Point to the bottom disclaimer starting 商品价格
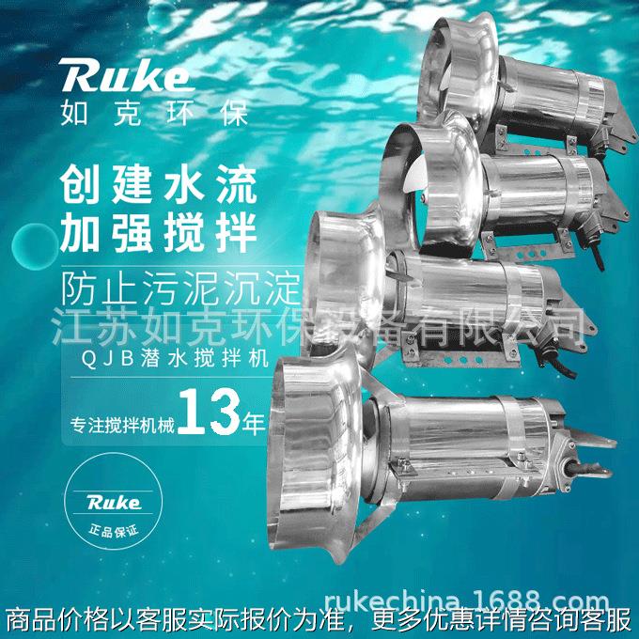319,621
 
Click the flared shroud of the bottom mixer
310,432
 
